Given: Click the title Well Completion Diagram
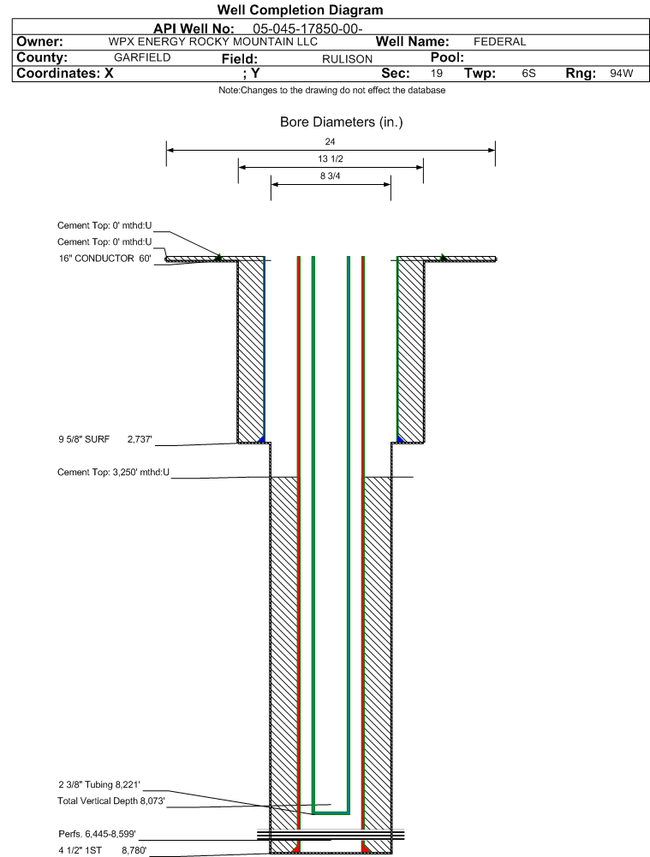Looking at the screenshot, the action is (x=300, y=9).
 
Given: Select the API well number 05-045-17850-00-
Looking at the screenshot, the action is (x=307, y=29).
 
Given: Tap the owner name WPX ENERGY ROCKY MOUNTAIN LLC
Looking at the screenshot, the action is (x=212, y=42).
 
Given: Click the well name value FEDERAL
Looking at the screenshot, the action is (x=499, y=42).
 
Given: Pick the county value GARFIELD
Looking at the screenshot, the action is (x=142, y=57).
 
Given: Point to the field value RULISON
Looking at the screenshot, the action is (x=347, y=59).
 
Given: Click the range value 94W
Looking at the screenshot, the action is (x=622, y=74).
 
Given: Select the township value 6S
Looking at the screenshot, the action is (x=528, y=74).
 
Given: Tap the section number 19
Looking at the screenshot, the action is (x=436, y=74).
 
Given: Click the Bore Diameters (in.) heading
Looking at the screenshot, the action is (x=341, y=122).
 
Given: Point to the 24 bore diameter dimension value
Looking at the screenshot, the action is (x=330, y=141).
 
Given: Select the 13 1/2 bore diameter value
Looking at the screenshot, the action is (x=331, y=158).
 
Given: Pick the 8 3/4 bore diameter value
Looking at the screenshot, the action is (x=331, y=176).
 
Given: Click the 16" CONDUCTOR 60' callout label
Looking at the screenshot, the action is (x=105, y=258).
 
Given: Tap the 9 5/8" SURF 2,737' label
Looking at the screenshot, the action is (x=105, y=439).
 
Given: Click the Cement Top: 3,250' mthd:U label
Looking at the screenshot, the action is (x=113, y=472).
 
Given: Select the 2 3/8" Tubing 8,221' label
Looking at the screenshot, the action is (x=99, y=785).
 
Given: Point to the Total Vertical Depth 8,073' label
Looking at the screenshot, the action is (x=111, y=800).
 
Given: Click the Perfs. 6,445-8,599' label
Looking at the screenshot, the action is (x=98, y=834).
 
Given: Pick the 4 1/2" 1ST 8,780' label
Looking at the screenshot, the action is (x=103, y=850).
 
